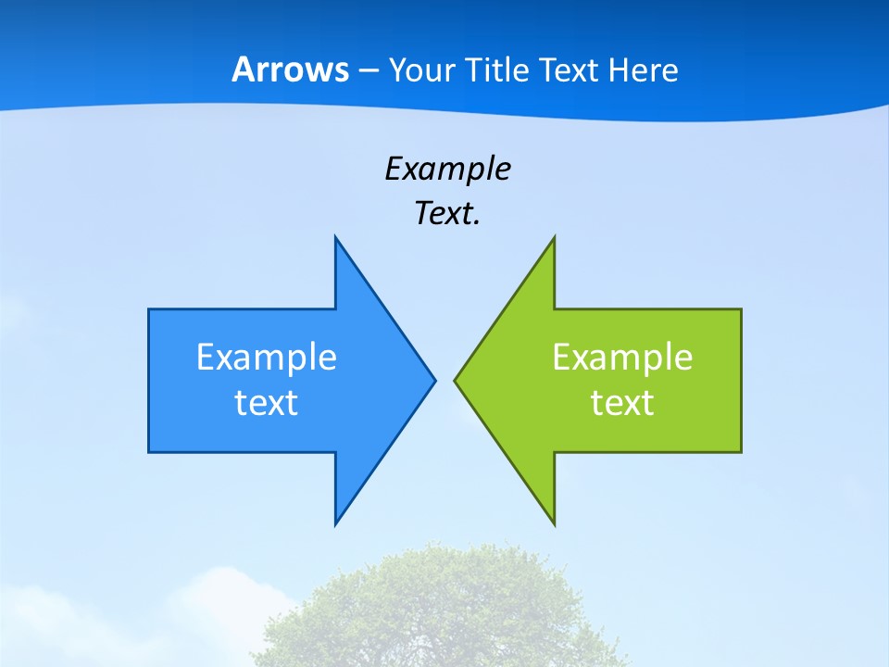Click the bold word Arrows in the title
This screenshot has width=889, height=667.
coord(290,69)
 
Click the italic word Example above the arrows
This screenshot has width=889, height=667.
coord(448,170)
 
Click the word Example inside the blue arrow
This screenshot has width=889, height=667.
coord(267,358)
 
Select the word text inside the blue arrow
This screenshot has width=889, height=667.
coord(267,403)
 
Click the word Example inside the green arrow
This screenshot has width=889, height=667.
coord(622,358)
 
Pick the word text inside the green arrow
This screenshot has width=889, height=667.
coord(622,403)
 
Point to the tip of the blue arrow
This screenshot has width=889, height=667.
coord(433,380)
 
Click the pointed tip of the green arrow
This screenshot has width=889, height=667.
coord(456,380)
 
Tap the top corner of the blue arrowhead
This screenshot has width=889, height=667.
coord(336,239)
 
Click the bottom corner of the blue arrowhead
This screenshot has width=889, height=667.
coord(336,522)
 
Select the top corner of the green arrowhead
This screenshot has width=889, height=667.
coord(554,239)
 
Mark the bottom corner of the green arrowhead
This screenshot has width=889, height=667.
coord(554,522)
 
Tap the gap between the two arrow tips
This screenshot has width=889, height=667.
coord(444,380)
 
